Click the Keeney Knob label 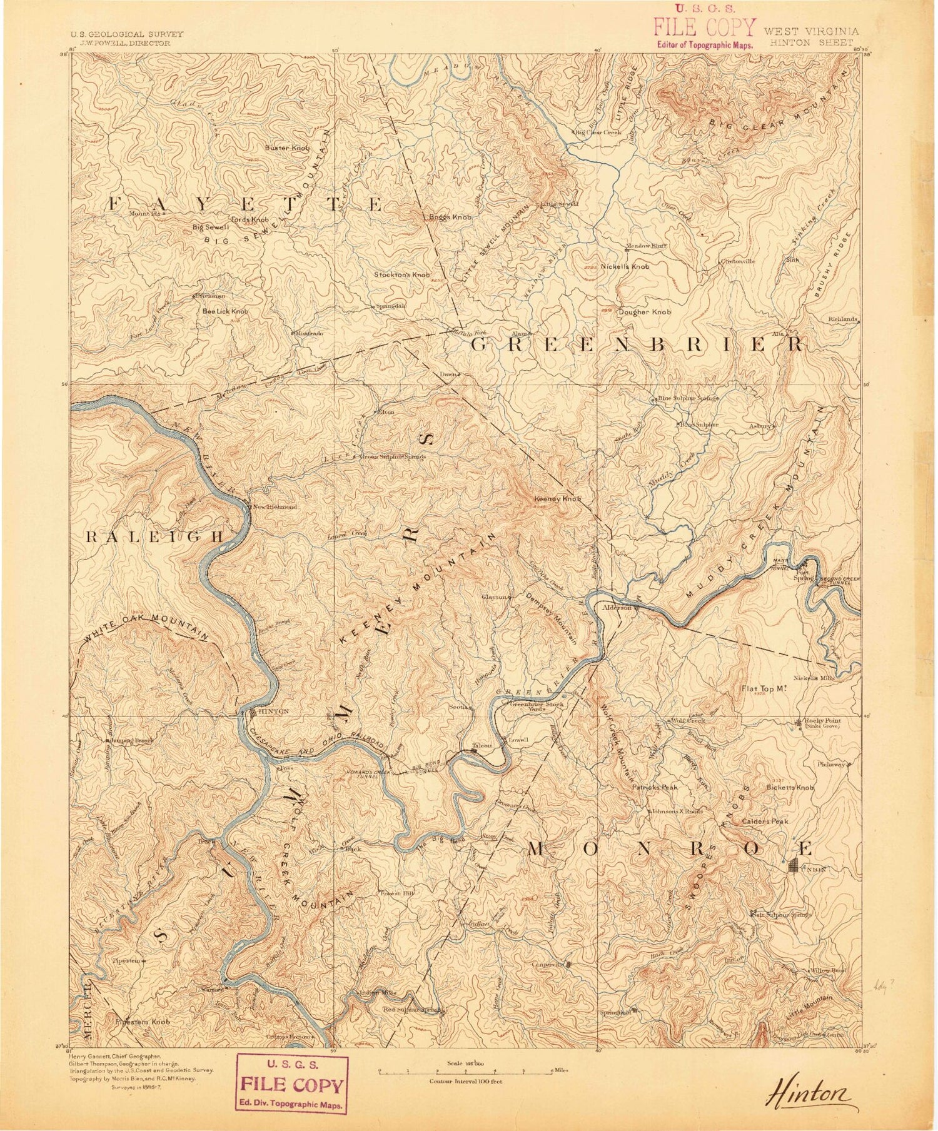pos(558,500)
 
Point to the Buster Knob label pos(287,148)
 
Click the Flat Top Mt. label pos(764,688)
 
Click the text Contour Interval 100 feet pos(465,1081)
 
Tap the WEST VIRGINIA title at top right pos(811,31)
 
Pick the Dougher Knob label pos(644,311)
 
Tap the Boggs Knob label pos(450,217)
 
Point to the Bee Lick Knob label pos(224,311)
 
